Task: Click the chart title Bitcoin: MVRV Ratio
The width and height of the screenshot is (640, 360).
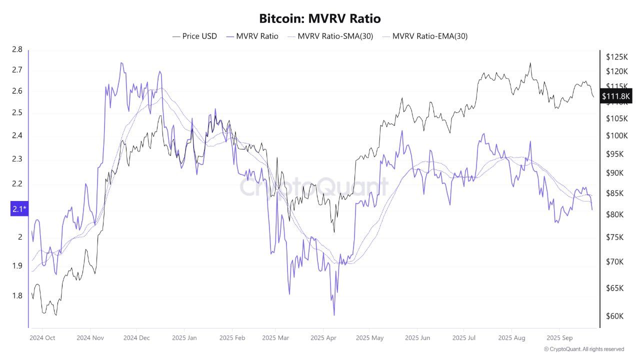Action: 320,18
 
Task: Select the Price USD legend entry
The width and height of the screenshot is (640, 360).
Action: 194,36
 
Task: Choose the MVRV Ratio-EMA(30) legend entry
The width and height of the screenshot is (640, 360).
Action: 424,36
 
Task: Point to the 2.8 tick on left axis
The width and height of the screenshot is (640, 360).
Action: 17,49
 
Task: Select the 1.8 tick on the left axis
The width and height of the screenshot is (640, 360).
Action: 17,295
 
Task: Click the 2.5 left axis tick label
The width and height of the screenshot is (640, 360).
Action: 17,113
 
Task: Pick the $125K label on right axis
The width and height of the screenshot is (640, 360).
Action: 616,56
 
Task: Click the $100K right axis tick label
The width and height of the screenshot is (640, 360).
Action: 616,135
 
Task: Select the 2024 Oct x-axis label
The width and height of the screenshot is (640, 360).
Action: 42,338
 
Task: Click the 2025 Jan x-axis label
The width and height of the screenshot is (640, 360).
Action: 184,338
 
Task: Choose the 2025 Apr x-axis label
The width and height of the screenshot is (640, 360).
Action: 323,338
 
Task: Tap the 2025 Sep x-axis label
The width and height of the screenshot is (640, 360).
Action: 560,338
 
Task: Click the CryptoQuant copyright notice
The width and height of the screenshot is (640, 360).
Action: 583,349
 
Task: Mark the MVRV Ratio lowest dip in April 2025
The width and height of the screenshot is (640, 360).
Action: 333,315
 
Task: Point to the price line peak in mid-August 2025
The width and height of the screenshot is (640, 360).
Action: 530,63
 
